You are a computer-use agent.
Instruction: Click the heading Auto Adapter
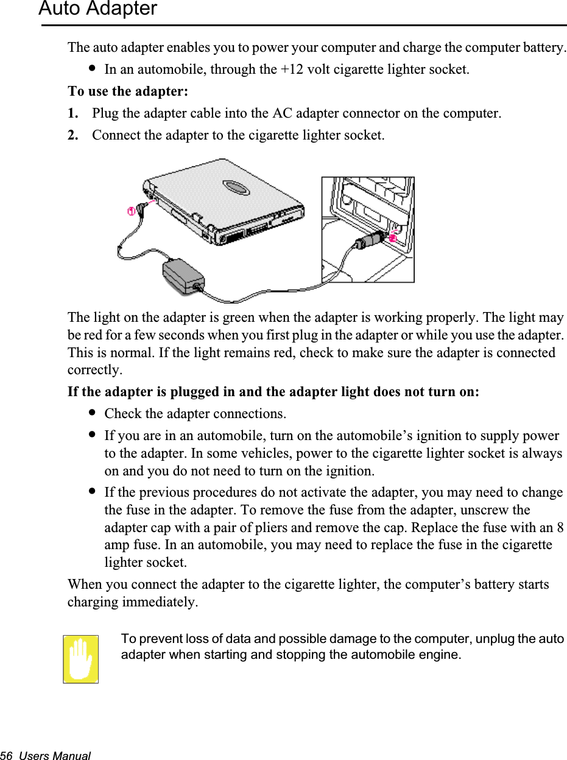pos(97,9)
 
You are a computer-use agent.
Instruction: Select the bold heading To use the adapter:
pos(128,91)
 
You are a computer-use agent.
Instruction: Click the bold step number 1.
pos(73,113)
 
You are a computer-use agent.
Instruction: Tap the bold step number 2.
pos(73,135)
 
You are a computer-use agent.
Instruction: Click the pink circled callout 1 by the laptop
pos(131,211)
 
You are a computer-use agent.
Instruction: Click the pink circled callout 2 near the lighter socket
pos(392,238)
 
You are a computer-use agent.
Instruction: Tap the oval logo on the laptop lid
pos(235,187)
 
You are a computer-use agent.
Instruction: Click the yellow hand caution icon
pos(81,659)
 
